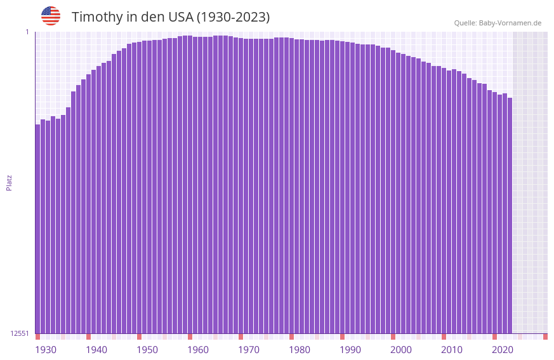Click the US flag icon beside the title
pos(51,16)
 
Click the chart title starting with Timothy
pos(170,17)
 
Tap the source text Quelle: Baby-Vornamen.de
pos(498,23)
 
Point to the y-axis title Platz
pos(9,182)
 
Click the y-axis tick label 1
pos(27,32)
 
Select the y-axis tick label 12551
pos(20,333)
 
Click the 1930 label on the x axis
pos(46,350)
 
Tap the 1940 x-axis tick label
pos(96,350)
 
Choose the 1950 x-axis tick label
pos(147,350)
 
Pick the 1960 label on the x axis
pos(198,350)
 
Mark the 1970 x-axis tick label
pos(249,350)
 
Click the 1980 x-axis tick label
pos(300,350)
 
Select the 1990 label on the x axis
pos(350,350)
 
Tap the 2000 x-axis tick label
pos(401,350)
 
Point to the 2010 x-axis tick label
pos(452,350)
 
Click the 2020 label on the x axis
pos(503,350)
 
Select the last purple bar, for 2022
pos(510,216)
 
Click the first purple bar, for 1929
pos(38,229)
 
